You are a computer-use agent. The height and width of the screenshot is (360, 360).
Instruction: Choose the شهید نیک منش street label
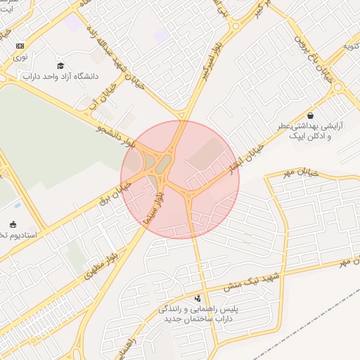click(252, 279)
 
